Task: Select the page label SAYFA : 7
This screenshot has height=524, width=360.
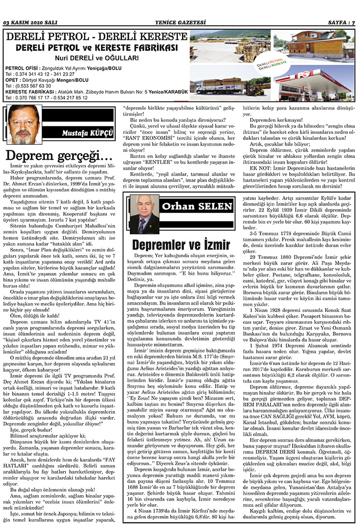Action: [340, 22]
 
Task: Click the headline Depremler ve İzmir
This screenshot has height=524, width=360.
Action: [180, 243]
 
